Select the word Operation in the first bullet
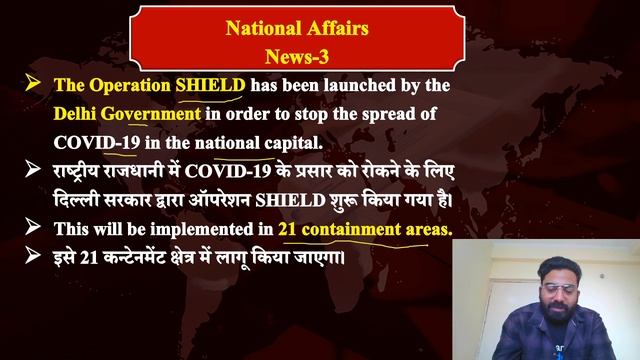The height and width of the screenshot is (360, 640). (x=133, y=86)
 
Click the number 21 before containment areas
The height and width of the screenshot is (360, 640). (x=288, y=228)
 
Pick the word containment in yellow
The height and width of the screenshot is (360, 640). (x=351, y=228)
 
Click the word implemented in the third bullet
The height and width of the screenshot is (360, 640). (x=204, y=228)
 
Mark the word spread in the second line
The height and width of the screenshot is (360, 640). (x=411, y=114)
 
